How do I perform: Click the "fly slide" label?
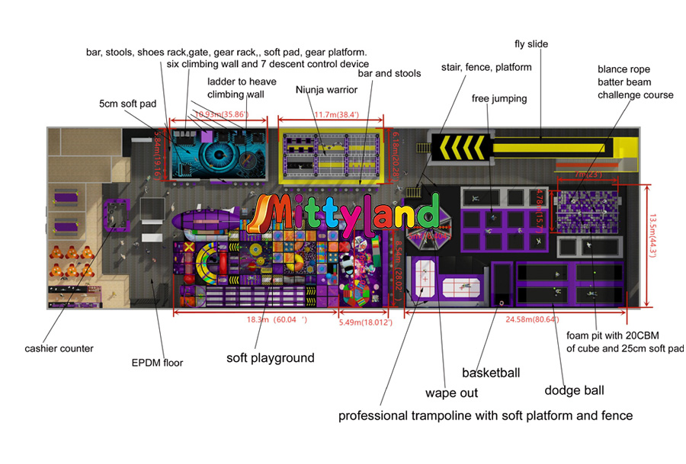pos(532,44)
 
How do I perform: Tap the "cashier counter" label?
pos(58,348)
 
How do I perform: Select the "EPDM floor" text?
pos(158,363)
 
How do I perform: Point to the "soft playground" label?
pos(270,357)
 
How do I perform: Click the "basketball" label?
pos(491,373)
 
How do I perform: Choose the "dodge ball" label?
pos(574,390)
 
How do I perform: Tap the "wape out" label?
pos(452,393)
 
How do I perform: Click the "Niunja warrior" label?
pos(325,90)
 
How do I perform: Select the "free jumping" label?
pos(499,98)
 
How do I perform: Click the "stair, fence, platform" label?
pos(486,67)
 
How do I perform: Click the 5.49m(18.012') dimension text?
pos(366,322)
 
